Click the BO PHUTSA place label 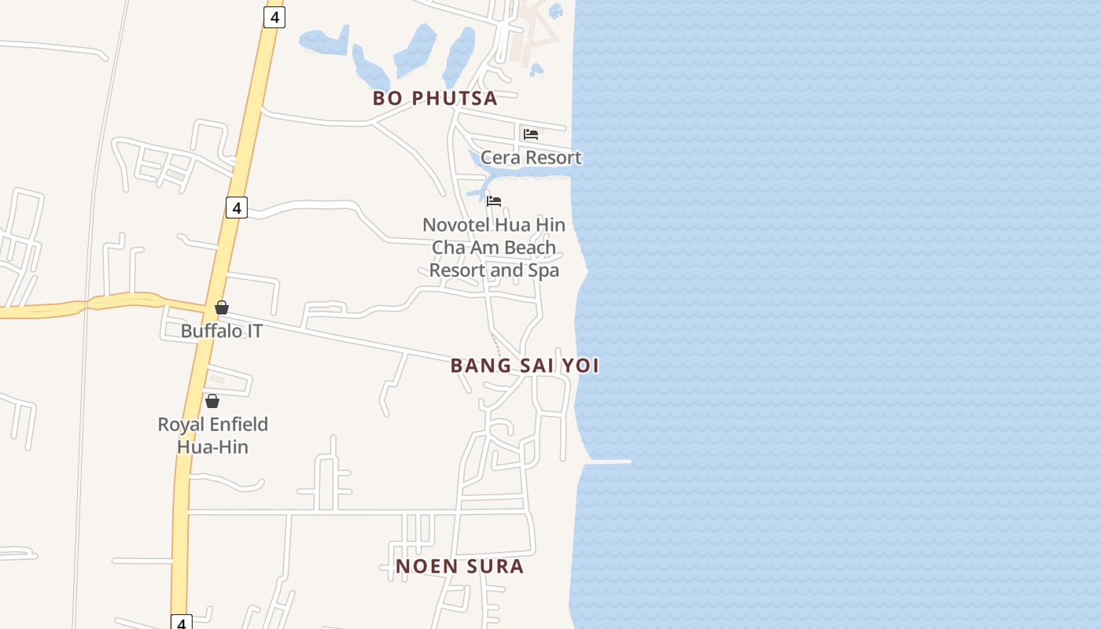(435, 98)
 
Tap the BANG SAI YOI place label (525, 366)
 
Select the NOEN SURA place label (459, 566)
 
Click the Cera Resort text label (531, 157)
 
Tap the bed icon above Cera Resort (531, 134)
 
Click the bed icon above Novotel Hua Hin (494, 201)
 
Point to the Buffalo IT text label (222, 331)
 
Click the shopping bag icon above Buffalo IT (222, 307)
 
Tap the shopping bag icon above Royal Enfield (212, 402)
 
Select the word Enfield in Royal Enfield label (238, 425)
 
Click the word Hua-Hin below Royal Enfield (212, 447)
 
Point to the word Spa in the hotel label (543, 270)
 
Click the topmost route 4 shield (274, 17)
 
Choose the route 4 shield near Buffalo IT (236, 208)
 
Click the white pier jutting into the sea (607, 462)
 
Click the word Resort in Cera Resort (554, 157)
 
